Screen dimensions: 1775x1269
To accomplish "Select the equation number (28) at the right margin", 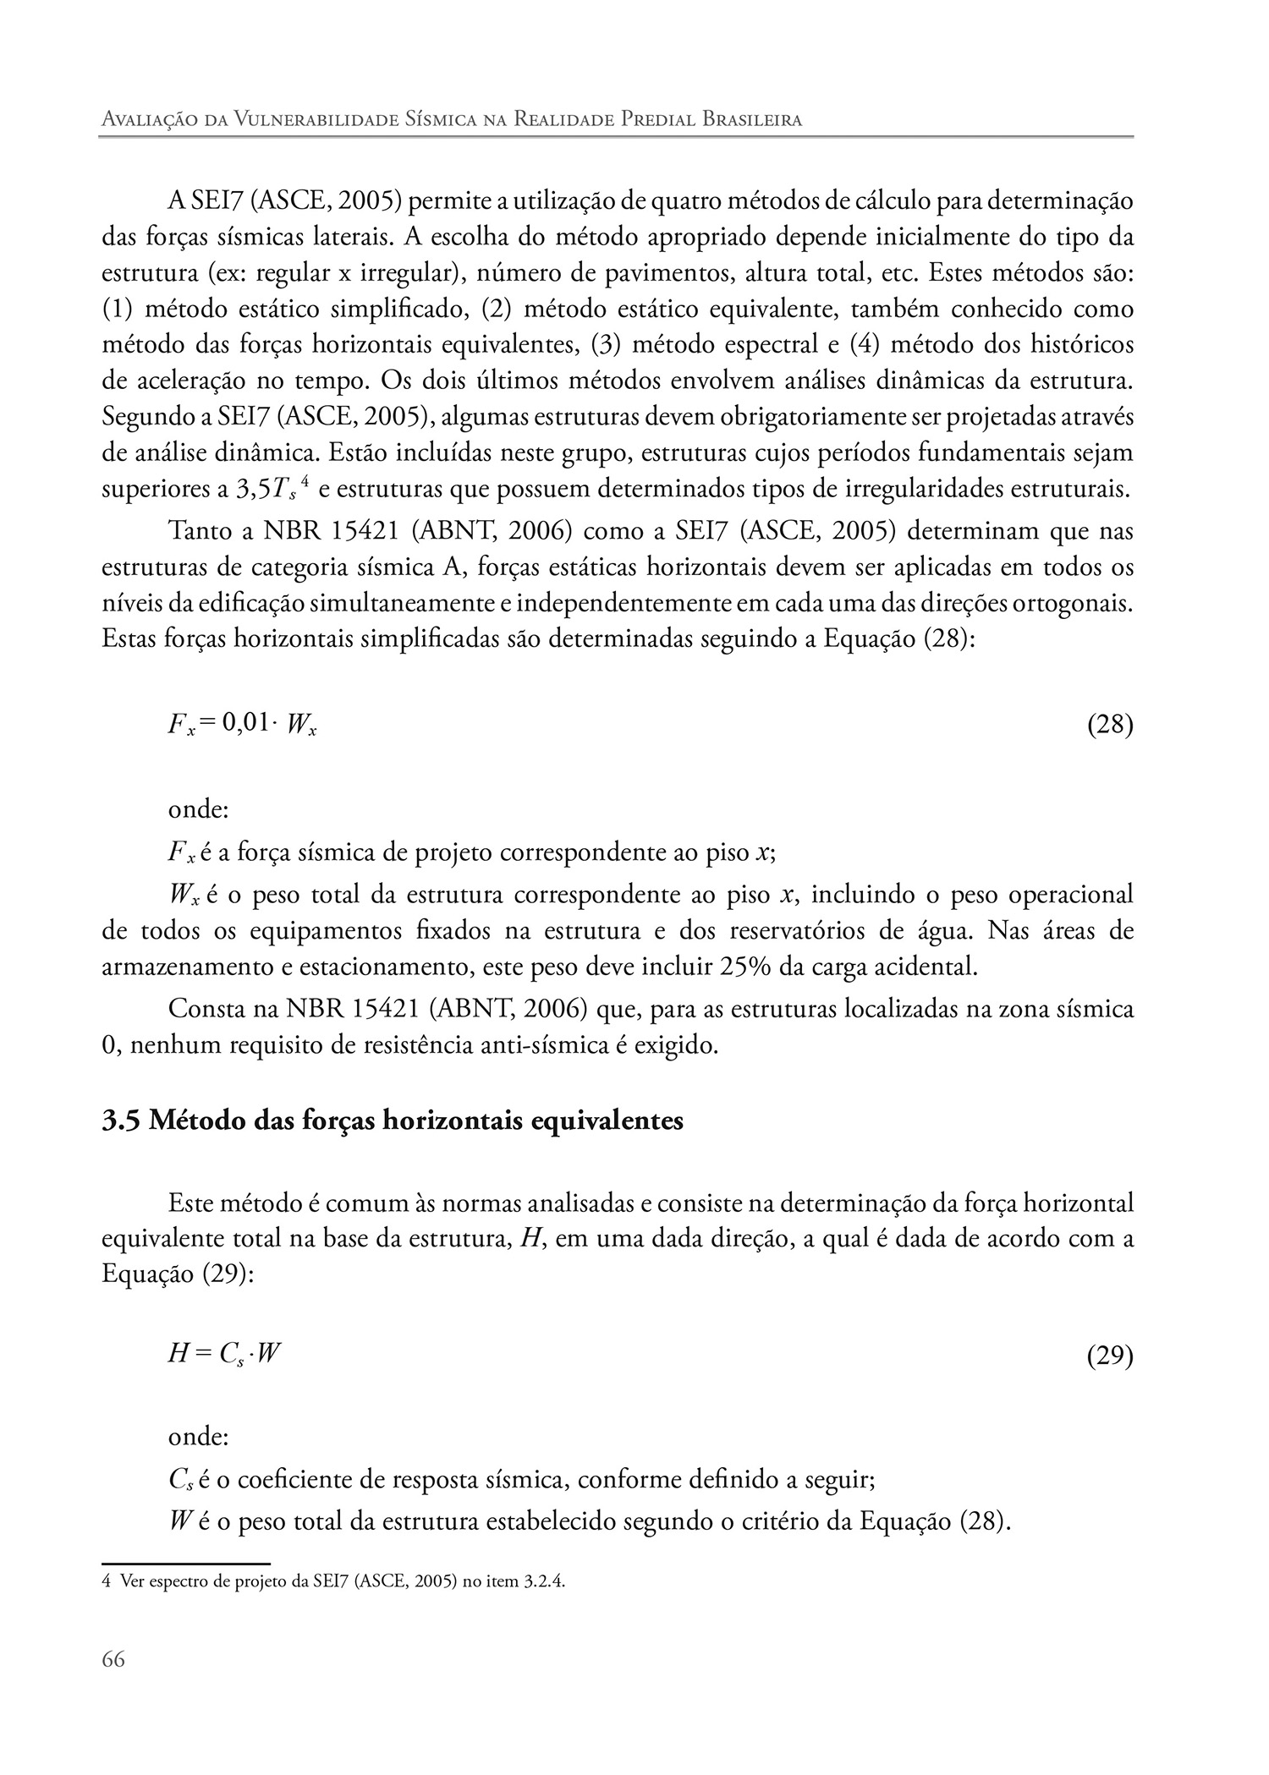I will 1109,725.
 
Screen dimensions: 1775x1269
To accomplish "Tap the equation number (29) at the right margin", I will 1109,1356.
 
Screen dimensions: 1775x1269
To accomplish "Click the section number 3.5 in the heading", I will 122,1120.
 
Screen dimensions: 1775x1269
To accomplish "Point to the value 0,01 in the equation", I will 244,723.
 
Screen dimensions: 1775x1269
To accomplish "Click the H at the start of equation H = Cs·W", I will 178,1354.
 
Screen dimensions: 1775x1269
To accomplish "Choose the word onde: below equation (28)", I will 199,809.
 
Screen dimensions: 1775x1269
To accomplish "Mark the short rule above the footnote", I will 185,1564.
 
